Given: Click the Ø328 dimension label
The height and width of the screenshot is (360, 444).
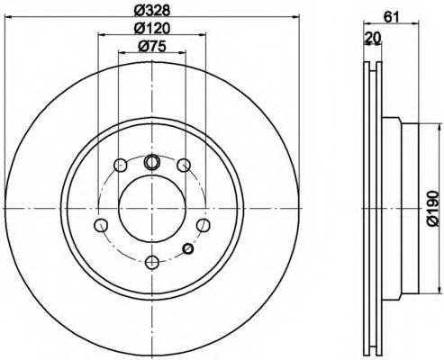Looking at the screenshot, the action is point(152,11).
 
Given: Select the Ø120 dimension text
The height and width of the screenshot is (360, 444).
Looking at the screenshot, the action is point(152,29).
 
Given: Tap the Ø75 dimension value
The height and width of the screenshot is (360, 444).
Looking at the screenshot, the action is point(152,47).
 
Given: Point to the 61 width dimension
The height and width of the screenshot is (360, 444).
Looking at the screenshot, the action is point(392,17).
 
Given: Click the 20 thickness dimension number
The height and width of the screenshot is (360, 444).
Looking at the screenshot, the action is point(373,38).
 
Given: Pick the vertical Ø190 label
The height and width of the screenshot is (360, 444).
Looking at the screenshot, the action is point(432,209).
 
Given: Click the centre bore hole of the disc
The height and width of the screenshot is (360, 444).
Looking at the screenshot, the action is point(152,209).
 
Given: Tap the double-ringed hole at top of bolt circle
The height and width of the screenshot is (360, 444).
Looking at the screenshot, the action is point(152,162).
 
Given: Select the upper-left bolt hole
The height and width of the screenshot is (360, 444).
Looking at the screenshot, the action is point(120,165).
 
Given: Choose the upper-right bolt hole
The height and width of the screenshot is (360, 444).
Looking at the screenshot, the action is point(184,165).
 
